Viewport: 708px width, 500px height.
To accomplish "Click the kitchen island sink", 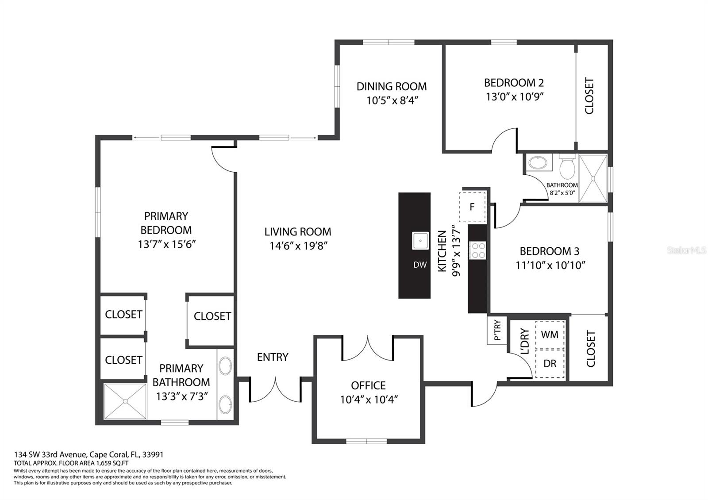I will [x=420, y=241].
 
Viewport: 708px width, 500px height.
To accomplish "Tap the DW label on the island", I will [x=420, y=265].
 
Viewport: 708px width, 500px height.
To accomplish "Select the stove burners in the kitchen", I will [x=477, y=250].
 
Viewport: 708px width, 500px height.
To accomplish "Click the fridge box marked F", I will [x=472, y=207].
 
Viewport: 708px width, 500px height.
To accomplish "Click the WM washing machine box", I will [x=550, y=335].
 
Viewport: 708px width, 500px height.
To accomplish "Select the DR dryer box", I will [x=550, y=363].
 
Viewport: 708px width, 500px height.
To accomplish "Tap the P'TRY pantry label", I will [x=497, y=331].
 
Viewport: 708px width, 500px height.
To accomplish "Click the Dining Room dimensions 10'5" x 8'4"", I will [x=392, y=100].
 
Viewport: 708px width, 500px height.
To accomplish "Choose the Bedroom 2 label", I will [x=514, y=83].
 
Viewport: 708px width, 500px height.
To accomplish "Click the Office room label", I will [x=368, y=385].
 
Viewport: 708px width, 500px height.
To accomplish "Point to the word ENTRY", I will [x=273, y=357].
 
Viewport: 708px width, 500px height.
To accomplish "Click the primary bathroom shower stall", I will [x=125, y=401].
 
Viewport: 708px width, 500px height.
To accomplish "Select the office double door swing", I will [x=368, y=350].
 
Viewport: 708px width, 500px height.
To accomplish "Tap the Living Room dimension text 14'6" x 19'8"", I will [x=298, y=246].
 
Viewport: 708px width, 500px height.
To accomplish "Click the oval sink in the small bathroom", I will [x=538, y=163].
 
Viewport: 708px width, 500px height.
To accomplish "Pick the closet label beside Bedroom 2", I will [x=589, y=96].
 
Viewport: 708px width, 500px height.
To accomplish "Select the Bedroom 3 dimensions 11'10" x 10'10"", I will [x=550, y=265].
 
